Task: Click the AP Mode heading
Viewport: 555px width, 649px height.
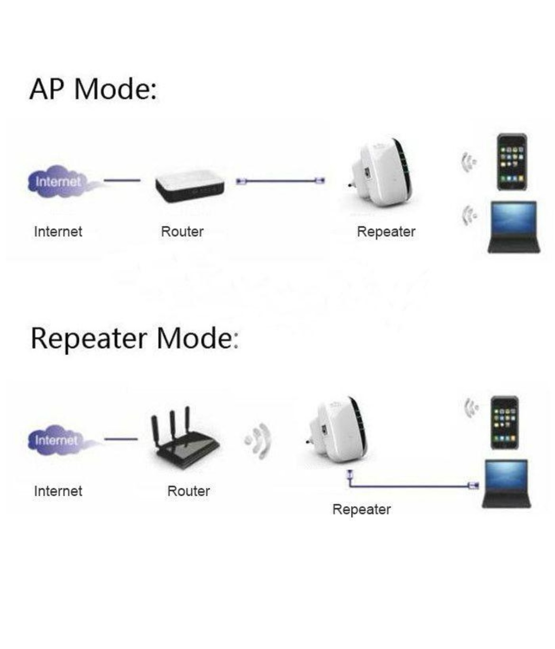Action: click(x=93, y=89)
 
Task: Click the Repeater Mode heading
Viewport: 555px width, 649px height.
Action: click(x=134, y=338)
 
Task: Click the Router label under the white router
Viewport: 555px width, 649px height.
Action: click(x=182, y=232)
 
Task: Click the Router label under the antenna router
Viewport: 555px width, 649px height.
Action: click(x=188, y=491)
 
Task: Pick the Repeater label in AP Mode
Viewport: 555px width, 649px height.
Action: click(x=386, y=232)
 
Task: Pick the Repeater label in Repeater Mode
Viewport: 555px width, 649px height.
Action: click(x=361, y=510)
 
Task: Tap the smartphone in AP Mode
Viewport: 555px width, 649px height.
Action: click(x=511, y=162)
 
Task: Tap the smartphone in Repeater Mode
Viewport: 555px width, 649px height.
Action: click(x=504, y=423)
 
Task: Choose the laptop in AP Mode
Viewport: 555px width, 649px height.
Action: click(x=514, y=227)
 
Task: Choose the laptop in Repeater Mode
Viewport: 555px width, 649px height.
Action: click(x=506, y=484)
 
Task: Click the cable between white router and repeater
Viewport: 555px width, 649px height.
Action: click(x=280, y=181)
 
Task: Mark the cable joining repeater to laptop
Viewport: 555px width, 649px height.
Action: click(x=408, y=485)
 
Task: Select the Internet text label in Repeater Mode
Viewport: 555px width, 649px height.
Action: click(x=58, y=491)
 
